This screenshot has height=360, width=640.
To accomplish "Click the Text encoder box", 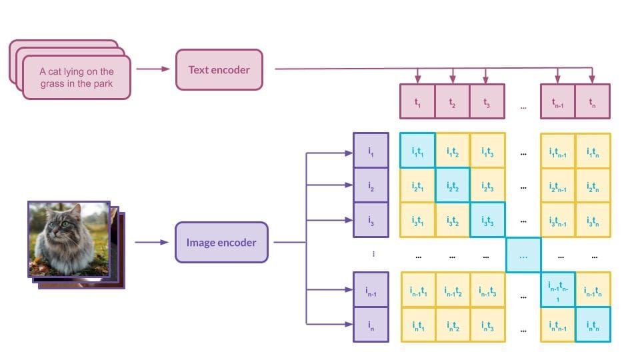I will tap(219, 69).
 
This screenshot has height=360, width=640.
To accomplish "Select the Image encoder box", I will tap(221, 243).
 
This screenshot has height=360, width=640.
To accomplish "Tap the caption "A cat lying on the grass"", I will tap(77, 77).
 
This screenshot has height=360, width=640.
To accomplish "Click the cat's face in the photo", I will tap(61, 227).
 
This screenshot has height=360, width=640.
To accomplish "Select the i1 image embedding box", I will tap(370, 151).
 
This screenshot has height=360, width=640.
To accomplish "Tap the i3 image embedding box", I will tap(370, 220).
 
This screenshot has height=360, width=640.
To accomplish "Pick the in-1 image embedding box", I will tap(370, 289).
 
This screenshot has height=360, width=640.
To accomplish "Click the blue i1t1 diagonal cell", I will tap(417, 151).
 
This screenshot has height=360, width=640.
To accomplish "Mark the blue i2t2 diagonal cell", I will tap(452, 185).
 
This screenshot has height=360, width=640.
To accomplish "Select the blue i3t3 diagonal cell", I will tap(487, 220).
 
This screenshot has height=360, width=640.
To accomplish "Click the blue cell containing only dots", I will tap(523, 255).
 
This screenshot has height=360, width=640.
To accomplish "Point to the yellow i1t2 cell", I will tap(452, 151).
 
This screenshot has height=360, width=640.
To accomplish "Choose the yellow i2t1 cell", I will tap(417, 185).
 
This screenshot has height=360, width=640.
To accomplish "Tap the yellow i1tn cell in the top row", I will tap(593, 151).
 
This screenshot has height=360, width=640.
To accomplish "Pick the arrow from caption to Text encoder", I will tap(152, 69).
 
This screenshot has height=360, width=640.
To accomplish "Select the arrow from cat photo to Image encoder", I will tap(151, 242).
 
